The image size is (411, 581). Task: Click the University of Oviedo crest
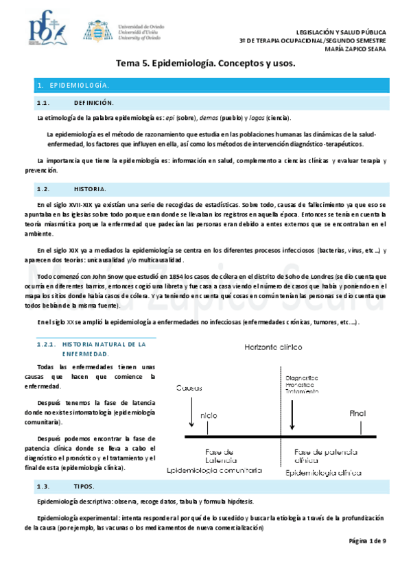tap(95, 30)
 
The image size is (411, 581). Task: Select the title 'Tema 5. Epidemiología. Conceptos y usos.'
tap(204, 64)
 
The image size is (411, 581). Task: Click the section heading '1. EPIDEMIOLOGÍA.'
tap(73, 86)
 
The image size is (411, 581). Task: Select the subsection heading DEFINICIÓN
tap(93, 103)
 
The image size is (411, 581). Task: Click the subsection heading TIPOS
tap(84, 486)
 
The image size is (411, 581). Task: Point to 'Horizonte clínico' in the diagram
tap(273, 347)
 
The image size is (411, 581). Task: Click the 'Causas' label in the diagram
tap(189, 388)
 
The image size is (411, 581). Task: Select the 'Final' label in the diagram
tap(358, 414)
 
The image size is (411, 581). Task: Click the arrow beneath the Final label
tap(360, 428)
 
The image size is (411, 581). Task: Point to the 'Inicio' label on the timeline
tap(207, 416)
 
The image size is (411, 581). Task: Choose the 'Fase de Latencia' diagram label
tap(220, 456)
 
